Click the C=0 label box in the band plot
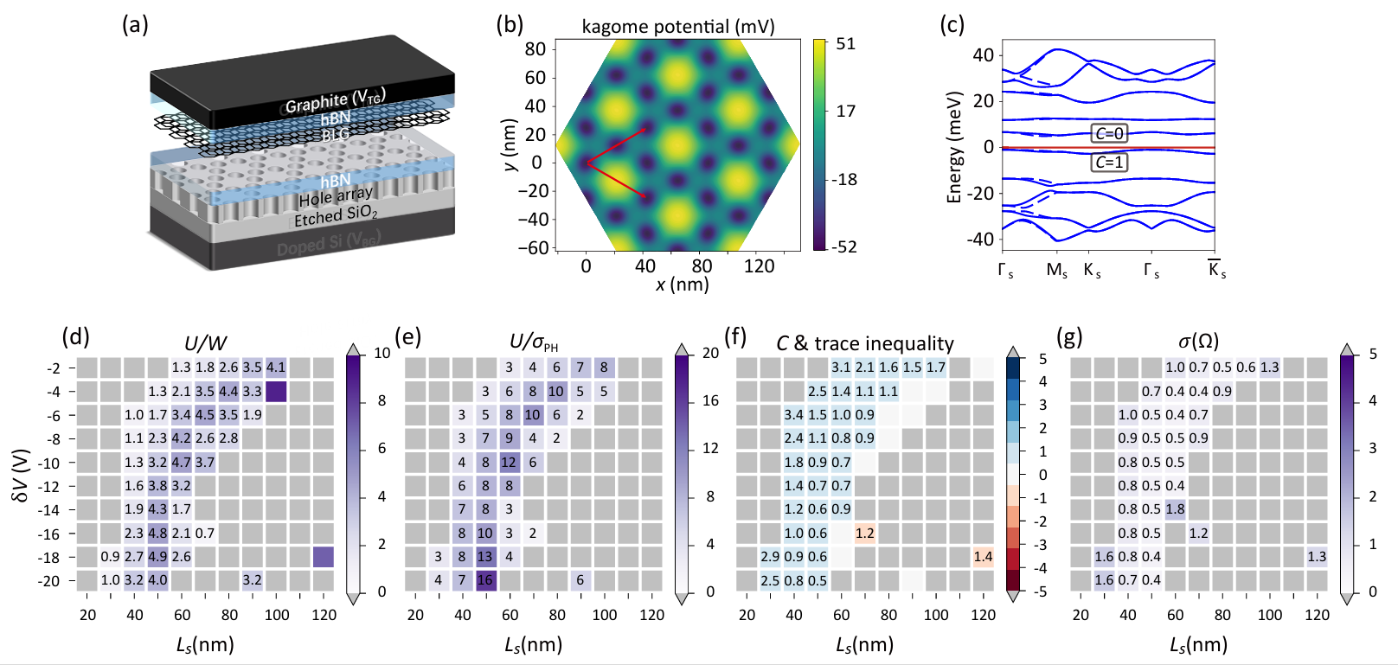[1109, 133]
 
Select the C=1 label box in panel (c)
[1109, 162]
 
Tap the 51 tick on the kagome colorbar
[845, 44]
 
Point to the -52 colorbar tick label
[844, 246]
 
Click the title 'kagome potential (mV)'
[677, 26]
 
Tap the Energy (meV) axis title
[954, 147]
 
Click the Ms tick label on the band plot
[1056, 271]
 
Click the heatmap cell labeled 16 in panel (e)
[485, 580]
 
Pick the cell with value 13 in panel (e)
[485, 557]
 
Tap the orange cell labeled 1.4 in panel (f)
[983, 557]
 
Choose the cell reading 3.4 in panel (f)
[794, 415]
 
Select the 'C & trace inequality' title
[864, 343]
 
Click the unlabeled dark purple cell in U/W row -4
[276, 392]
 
